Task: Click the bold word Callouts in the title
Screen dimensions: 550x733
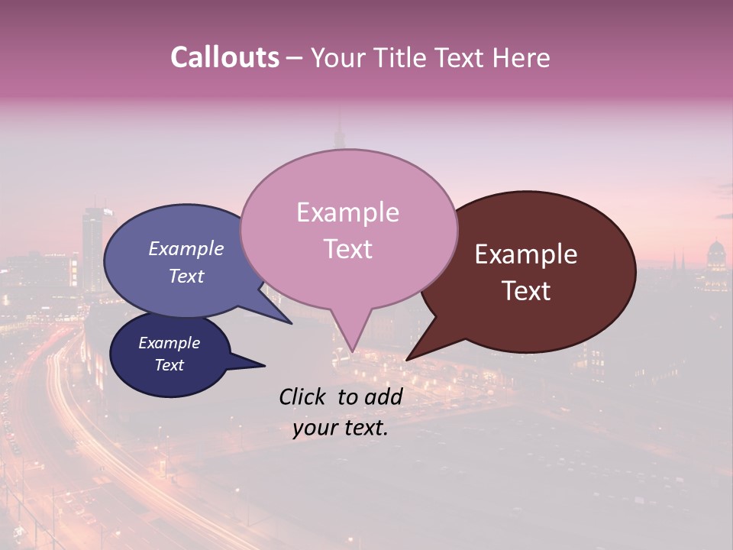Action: [224, 57]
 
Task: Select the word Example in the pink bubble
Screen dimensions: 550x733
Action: [347, 212]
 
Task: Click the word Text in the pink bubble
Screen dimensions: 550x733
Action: [347, 249]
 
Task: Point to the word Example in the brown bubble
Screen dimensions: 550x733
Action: [526, 254]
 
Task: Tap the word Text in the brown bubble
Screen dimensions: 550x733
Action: [526, 291]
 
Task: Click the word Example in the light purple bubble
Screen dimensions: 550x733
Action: [186, 248]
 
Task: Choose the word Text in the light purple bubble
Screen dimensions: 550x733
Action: [186, 276]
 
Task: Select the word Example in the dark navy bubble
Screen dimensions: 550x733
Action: [169, 343]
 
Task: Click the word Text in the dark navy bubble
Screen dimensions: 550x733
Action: [169, 365]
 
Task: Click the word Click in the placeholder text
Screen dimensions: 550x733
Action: [303, 396]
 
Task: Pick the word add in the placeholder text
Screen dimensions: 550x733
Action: [383, 396]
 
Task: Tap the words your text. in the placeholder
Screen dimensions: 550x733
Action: [340, 428]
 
